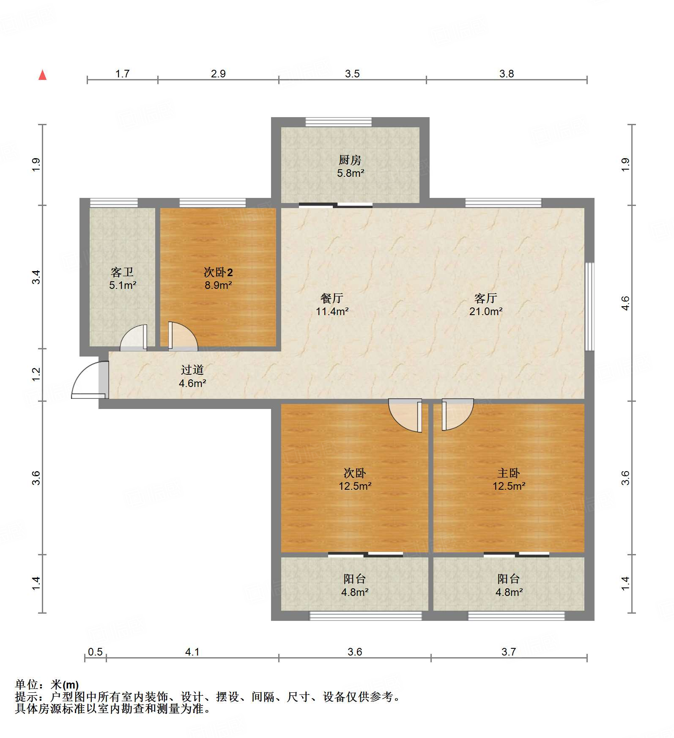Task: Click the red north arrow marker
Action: [x=42, y=75]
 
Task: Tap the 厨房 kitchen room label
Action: [x=350, y=160]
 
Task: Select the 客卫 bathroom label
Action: [x=122, y=272]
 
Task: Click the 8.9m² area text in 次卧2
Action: [x=218, y=285]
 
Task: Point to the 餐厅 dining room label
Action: [x=332, y=299]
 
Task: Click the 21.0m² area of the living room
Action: [x=486, y=312]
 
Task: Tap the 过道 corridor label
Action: [x=192, y=370]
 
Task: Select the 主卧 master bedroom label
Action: [x=509, y=473]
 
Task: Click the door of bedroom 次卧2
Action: [x=183, y=336]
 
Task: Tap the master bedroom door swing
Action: [x=458, y=414]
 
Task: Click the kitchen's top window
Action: [x=339, y=122]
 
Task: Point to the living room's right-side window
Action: [x=589, y=307]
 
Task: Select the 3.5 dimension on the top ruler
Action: [x=352, y=74]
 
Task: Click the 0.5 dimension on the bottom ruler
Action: [x=95, y=652]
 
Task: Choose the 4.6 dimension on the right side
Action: [x=625, y=303]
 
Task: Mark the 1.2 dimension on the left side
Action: [x=36, y=374]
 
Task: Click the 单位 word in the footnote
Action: [x=27, y=684]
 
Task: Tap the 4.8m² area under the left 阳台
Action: [x=355, y=593]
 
